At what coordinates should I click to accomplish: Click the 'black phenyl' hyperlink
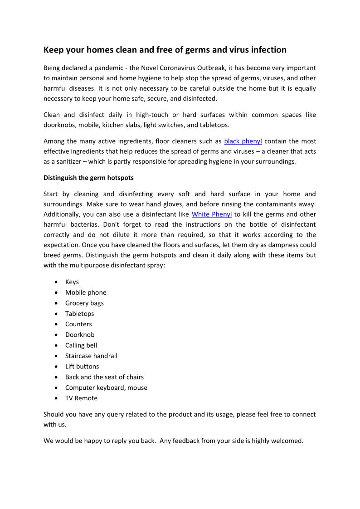(243, 141)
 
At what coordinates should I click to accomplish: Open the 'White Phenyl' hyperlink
(212, 214)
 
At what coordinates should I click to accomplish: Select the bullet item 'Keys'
(72, 282)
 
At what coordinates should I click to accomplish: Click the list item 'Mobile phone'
(86, 292)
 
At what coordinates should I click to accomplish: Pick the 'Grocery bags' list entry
(84, 303)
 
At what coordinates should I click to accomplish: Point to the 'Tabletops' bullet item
(80, 314)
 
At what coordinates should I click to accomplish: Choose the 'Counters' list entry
(78, 324)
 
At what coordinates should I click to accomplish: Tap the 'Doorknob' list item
(80, 334)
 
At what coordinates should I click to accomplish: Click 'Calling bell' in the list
(81, 345)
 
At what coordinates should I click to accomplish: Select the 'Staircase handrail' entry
(91, 356)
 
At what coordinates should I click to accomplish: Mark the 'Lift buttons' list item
(82, 366)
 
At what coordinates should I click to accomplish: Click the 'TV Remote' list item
(81, 398)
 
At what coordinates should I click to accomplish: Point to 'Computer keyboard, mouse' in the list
(106, 388)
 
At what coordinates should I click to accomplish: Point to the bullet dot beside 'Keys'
(56, 282)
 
